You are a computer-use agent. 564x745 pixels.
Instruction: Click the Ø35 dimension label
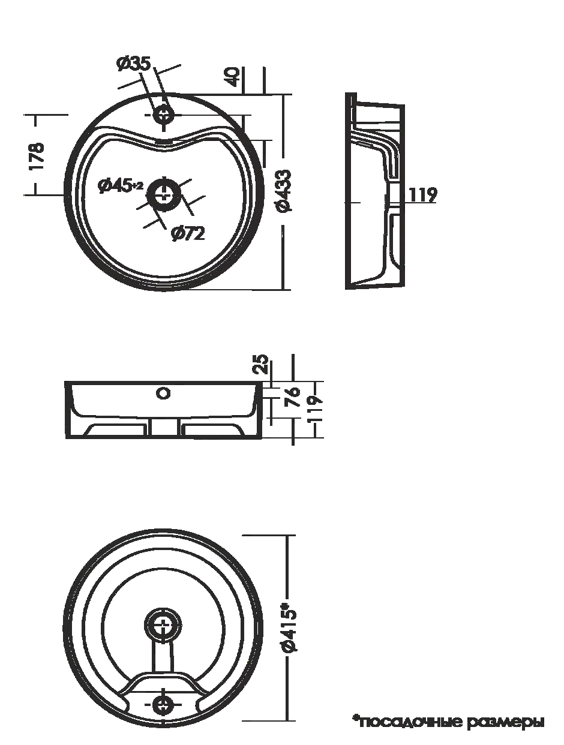click(x=133, y=63)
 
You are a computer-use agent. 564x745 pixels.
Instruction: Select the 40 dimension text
click(x=233, y=77)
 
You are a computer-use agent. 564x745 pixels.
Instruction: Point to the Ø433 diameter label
click(x=285, y=191)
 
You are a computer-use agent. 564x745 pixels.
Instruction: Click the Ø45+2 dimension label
click(x=121, y=186)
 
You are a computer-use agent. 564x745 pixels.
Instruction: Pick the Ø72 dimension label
click(x=188, y=233)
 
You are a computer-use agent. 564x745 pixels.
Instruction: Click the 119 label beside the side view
click(x=422, y=194)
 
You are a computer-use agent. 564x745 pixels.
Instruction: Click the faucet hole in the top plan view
click(x=164, y=115)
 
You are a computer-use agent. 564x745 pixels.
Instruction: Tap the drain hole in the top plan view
click(x=164, y=195)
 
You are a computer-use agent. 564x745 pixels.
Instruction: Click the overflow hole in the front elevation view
click(x=163, y=393)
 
